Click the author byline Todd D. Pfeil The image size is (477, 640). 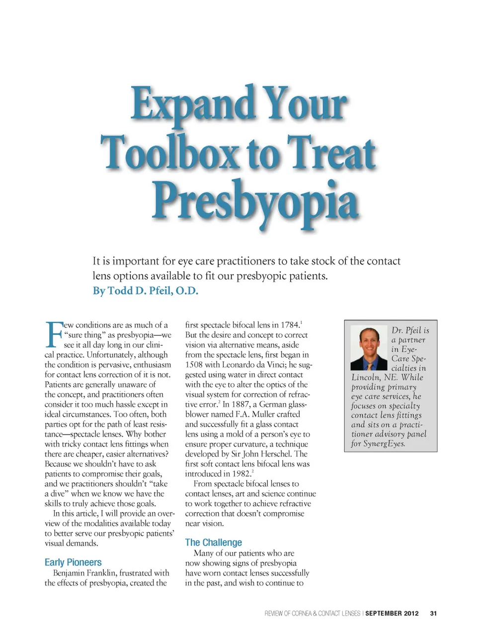(145, 291)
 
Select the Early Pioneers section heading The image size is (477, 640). (73, 562)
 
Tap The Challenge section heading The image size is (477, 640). (214, 542)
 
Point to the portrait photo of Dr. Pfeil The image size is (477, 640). (368, 348)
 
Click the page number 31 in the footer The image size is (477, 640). (433, 614)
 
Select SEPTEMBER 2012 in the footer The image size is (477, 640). (392, 614)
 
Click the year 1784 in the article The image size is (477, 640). (290, 325)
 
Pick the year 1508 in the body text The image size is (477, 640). (194, 365)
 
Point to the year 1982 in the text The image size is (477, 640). (240, 474)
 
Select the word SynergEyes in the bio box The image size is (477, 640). (384, 444)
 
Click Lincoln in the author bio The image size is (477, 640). (366, 377)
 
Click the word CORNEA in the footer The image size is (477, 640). (302, 614)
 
